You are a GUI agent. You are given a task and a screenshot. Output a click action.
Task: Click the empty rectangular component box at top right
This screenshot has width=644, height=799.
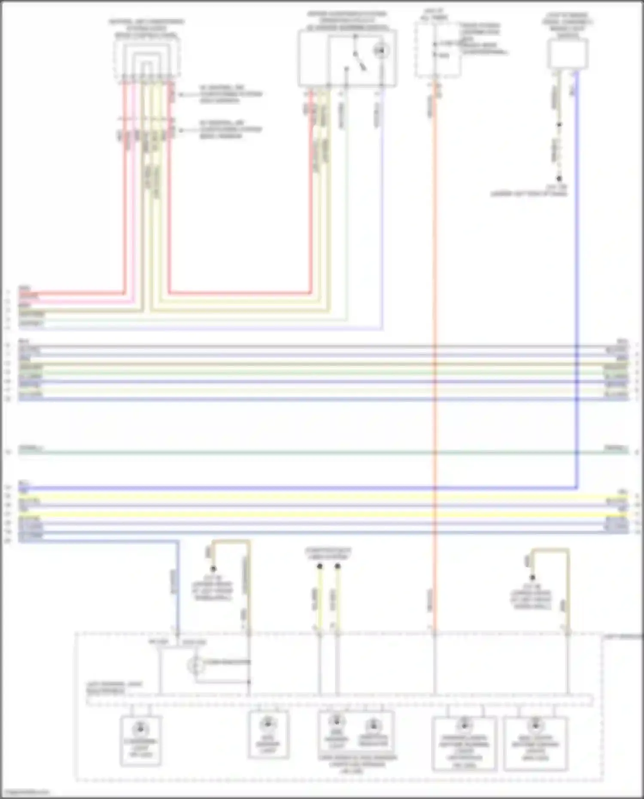coord(568,53)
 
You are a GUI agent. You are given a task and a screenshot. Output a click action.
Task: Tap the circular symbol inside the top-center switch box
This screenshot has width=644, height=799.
coord(380,51)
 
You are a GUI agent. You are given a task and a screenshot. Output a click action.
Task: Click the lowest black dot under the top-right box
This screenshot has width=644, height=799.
coord(559,179)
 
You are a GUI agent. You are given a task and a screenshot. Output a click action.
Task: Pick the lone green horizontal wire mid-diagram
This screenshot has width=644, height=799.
coord(322,452)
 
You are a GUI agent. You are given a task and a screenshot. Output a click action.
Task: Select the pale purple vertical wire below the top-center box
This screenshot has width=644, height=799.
coord(381,215)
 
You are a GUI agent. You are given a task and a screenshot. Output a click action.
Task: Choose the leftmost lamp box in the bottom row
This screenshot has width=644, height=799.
coord(141,741)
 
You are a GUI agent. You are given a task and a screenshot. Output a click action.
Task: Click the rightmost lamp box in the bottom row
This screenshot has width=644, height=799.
coord(535,743)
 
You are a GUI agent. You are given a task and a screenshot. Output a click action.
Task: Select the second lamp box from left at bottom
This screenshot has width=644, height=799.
coord(268,735)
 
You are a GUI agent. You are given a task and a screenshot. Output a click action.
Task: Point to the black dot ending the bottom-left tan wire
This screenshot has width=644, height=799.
coord(213,568)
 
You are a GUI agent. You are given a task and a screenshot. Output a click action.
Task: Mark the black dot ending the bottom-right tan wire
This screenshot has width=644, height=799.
coord(532,577)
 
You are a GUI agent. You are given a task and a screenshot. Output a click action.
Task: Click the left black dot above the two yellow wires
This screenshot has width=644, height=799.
coord(319,566)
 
